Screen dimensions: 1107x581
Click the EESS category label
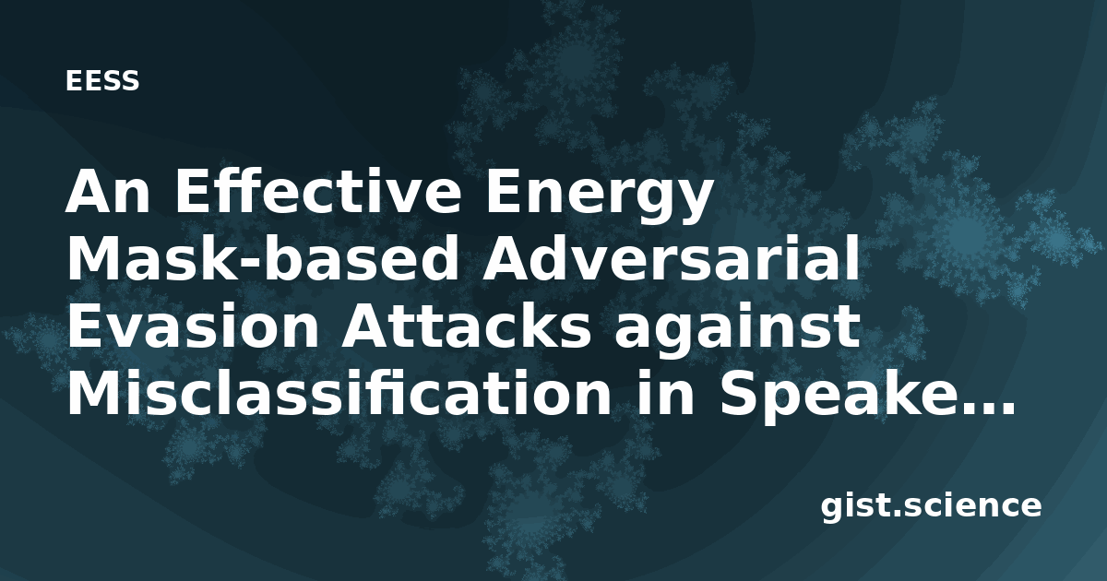pos(102,81)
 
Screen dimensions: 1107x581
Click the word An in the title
pos(108,193)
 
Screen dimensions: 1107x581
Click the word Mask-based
pos(263,259)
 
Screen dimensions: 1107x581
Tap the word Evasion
pos(193,327)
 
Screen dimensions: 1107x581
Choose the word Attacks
pos(466,327)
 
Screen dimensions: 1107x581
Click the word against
pos(737,332)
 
